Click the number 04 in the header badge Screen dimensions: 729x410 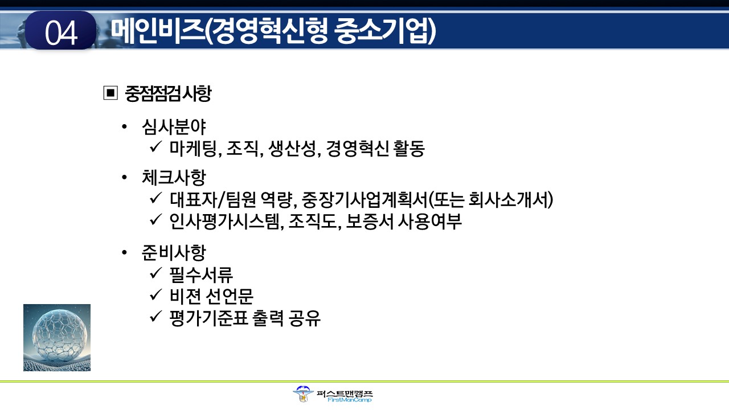[61, 32]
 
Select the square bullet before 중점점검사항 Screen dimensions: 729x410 [110, 93]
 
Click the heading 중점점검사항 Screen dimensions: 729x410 [168, 94]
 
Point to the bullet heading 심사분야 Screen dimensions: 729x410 [174, 126]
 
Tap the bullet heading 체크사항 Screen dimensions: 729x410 [174, 178]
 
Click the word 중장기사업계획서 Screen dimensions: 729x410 [364, 200]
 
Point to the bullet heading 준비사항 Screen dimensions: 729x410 [174, 252]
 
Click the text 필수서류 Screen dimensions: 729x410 [201, 274]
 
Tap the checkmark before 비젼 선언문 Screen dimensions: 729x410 [156, 294]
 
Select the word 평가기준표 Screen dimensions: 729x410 [208, 318]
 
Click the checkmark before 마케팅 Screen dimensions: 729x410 [156, 147]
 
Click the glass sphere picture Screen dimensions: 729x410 [57, 338]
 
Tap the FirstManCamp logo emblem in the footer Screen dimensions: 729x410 [302, 395]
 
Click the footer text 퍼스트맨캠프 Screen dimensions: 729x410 [345, 393]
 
